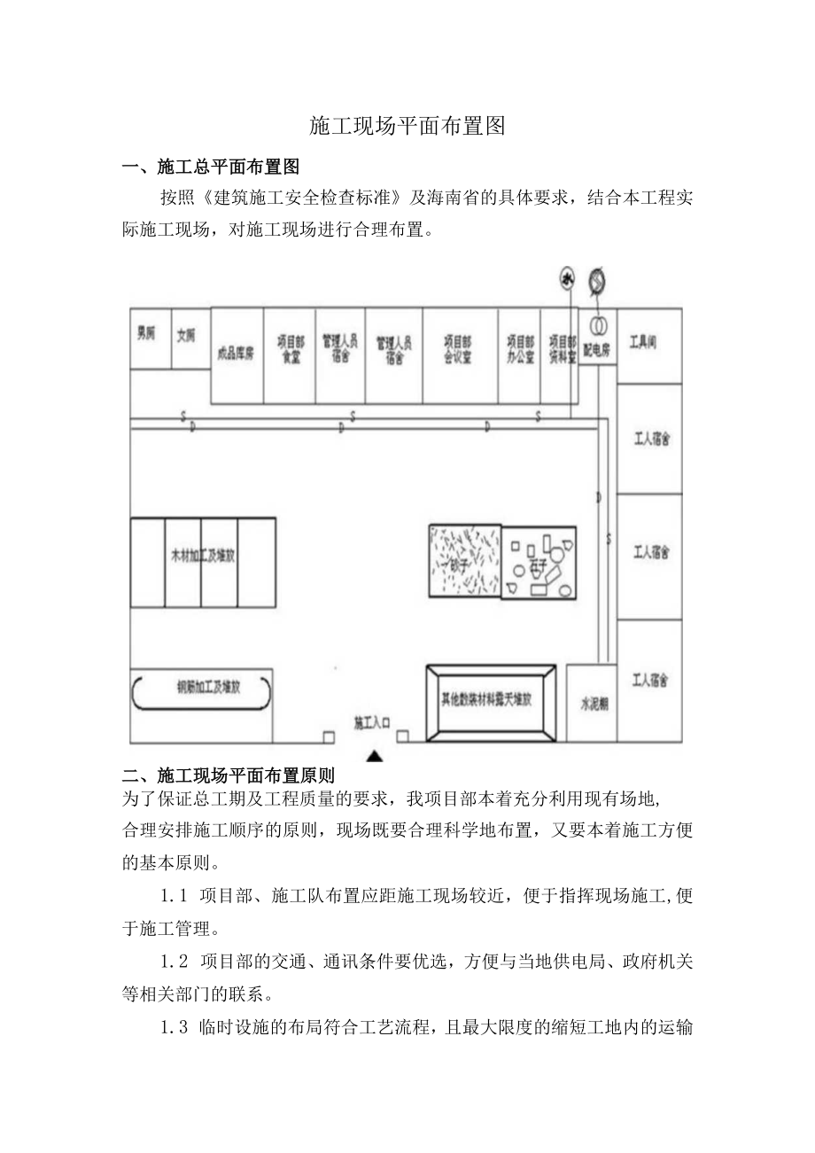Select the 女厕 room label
pyautogui.click(x=185, y=336)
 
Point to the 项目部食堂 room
pyautogui.click(x=290, y=350)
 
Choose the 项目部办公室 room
pyautogui.click(x=520, y=350)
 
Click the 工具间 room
pyautogui.click(x=644, y=341)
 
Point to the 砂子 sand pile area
pyautogui.click(x=464, y=561)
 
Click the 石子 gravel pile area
pyautogui.click(x=539, y=563)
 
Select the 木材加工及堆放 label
pyautogui.click(x=203, y=557)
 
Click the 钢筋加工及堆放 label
pyautogui.click(x=203, y=688)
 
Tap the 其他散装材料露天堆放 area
pyautogui.click(x=489, y=700)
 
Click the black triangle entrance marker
pyautogui.click(x=375, y=756)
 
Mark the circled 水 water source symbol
pyautogui.click(x=566, y=279)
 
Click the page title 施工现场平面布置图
pyautogui.click(x=407, y=126)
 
